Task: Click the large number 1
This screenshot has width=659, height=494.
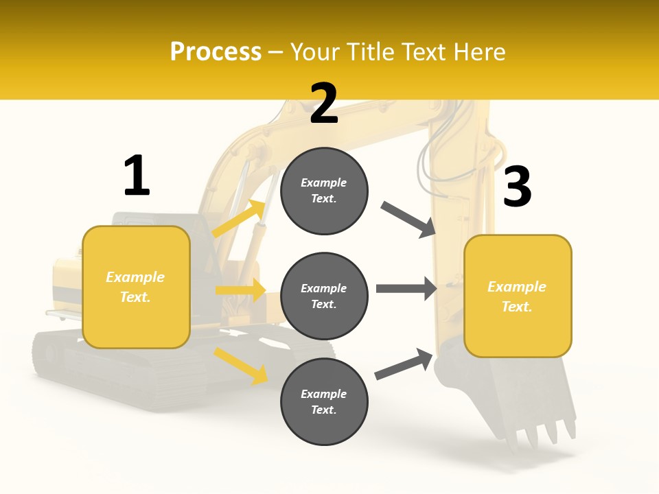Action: (x=137, y=176)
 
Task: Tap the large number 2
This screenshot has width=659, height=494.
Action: (x=324, y=104)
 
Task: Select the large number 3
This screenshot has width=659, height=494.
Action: (x=517, y=187)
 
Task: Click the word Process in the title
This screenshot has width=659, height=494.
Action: (x=216, y=51)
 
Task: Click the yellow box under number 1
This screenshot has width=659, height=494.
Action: (x=136, y=287)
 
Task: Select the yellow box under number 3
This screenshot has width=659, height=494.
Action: (x=518, y=296)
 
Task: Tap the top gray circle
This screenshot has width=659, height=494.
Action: (x=324, y=191)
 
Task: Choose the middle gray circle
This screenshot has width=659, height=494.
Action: (x=324, y=296)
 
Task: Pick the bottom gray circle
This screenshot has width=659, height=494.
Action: (x=324, y=402)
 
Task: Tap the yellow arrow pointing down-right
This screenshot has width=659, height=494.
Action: (x=240, y=365)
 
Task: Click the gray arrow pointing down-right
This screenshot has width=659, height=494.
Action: (x=408, y=220)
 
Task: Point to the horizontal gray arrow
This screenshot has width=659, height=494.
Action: (x=406, y=289)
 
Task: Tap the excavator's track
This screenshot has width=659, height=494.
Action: (x=103, y=370)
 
